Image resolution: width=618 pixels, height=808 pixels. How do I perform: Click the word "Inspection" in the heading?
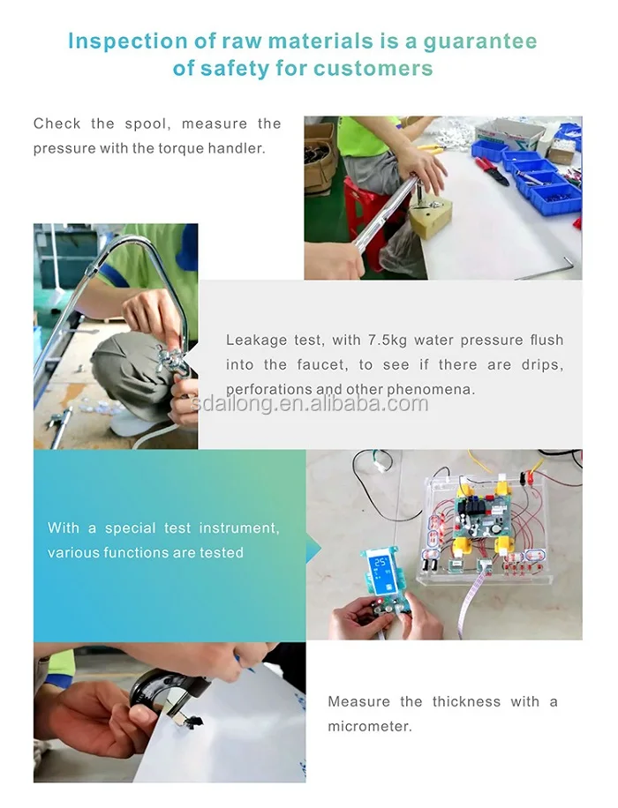pos(128,41)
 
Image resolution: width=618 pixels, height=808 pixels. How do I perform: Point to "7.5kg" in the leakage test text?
pos(388,340)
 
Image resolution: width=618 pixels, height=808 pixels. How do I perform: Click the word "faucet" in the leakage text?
pos(320,365)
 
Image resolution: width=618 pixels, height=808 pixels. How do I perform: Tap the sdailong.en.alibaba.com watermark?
pos(310,403)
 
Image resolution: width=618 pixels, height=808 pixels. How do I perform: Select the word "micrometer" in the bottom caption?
pos(370,727)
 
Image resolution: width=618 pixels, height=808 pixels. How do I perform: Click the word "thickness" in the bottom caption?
pos(466,702)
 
